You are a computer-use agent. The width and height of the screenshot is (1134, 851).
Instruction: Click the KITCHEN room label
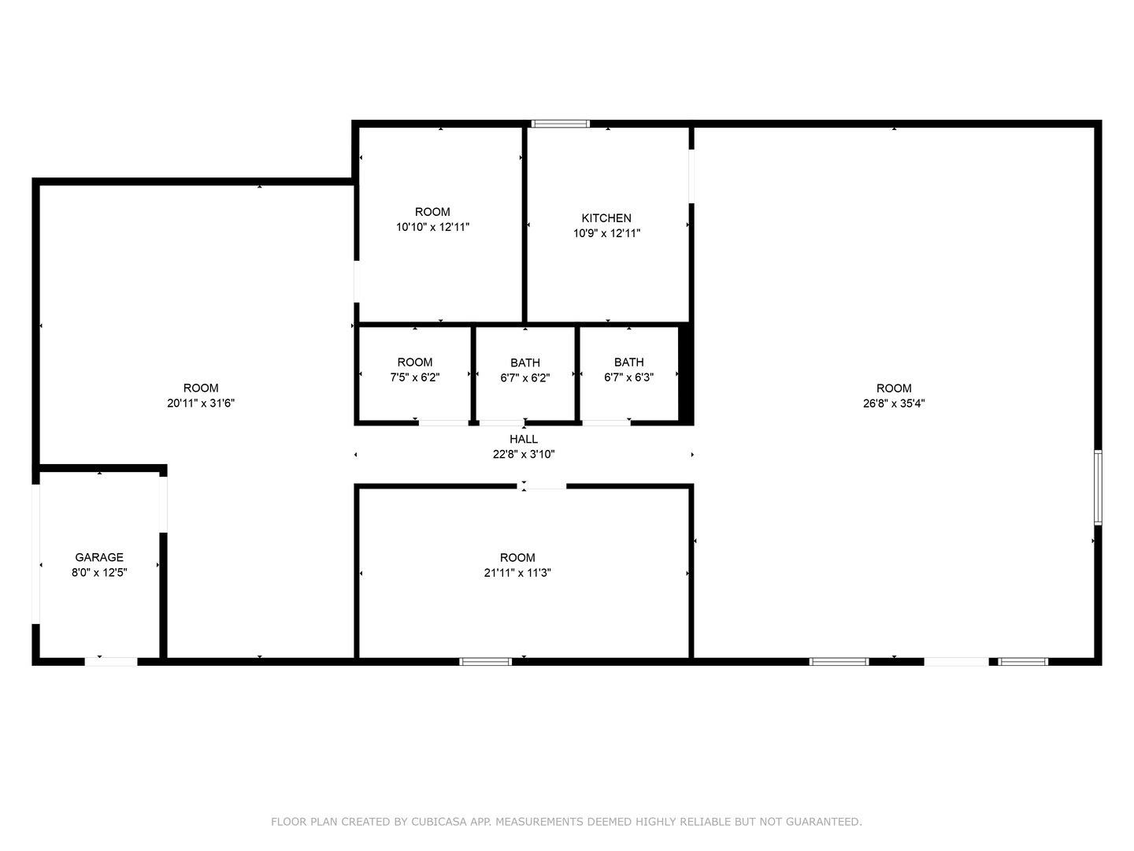[606, 218]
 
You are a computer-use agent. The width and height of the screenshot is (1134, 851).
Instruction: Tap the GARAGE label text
[99, 558]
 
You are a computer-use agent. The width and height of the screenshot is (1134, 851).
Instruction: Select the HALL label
[524, 440]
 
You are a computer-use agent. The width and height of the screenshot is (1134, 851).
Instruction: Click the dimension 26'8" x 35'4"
[894, 403]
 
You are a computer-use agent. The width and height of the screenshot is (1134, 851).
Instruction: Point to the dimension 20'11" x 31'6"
[201, 403]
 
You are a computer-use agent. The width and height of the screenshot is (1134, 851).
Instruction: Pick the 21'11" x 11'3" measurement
[517, 573]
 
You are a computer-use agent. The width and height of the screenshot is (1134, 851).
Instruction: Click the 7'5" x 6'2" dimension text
[415, 377]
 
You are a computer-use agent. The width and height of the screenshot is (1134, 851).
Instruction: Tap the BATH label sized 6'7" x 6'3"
[628, 362]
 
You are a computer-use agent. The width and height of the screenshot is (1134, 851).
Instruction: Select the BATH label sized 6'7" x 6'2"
[525, 363]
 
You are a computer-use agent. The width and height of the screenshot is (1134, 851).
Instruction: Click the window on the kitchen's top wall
[560, 124]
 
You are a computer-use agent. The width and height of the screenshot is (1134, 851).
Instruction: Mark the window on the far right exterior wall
[1098, 487]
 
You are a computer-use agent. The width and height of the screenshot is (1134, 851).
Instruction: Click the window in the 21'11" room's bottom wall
[486, 662]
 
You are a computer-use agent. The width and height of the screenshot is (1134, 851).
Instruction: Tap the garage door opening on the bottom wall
[111, 662]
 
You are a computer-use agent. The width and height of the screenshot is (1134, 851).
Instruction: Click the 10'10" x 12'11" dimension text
[432, 227]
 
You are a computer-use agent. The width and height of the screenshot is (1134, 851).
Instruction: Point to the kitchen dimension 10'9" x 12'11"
[606, 233]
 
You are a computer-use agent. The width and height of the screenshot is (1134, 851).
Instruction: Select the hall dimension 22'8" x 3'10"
[524, 454]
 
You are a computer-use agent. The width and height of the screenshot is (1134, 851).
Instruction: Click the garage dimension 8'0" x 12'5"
[99, 573]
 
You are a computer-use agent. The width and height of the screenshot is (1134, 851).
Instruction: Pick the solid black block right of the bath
[686, 374]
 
